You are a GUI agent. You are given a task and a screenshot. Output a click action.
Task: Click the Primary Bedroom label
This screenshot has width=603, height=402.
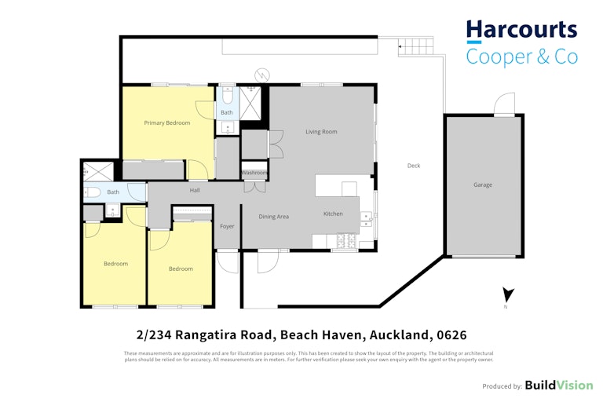[x=167, y=122]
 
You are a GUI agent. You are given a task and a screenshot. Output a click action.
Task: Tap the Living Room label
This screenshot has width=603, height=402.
[x=321, y=132]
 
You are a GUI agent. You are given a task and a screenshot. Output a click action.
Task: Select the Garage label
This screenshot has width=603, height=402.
[x=483, y=185]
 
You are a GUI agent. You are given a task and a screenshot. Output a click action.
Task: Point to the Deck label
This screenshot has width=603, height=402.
[x=414, y=166]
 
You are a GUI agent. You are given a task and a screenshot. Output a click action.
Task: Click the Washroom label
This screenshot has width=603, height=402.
[x=254, y=173]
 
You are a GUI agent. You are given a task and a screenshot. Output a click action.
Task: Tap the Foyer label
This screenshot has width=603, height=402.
[x=227, y=226]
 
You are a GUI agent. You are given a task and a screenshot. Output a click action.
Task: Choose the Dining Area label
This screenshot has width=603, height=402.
[x=273, y=217]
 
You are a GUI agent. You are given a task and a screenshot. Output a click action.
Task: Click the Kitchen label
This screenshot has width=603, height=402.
[x=333, y=214]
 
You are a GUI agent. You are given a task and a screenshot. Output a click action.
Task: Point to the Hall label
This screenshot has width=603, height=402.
[x=195, y=190]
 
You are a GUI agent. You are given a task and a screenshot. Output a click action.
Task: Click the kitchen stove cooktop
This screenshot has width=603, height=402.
[x=346, y=241]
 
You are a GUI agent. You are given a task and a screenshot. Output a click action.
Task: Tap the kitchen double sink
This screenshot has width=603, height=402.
[x=366, y=219]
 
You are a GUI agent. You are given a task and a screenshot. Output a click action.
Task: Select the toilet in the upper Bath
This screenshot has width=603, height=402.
[x=227, y=97]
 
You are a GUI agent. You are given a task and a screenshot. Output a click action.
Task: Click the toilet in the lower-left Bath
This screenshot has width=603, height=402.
[x=93, y=192]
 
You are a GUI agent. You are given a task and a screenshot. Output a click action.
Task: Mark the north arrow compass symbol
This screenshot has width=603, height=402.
[x=508, y=295]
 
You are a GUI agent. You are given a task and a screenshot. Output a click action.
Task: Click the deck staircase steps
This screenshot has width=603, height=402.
[x=415, y=46]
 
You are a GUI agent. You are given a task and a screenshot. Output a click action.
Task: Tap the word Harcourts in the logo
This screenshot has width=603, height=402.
[x=521, y=30]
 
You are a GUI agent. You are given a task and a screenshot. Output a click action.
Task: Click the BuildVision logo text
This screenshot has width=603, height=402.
[x=559, y=385]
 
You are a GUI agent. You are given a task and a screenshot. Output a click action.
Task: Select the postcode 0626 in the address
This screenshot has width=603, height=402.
[x=451, y=335]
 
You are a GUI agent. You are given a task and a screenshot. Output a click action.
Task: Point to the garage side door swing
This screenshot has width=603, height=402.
[x=504, y=103]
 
